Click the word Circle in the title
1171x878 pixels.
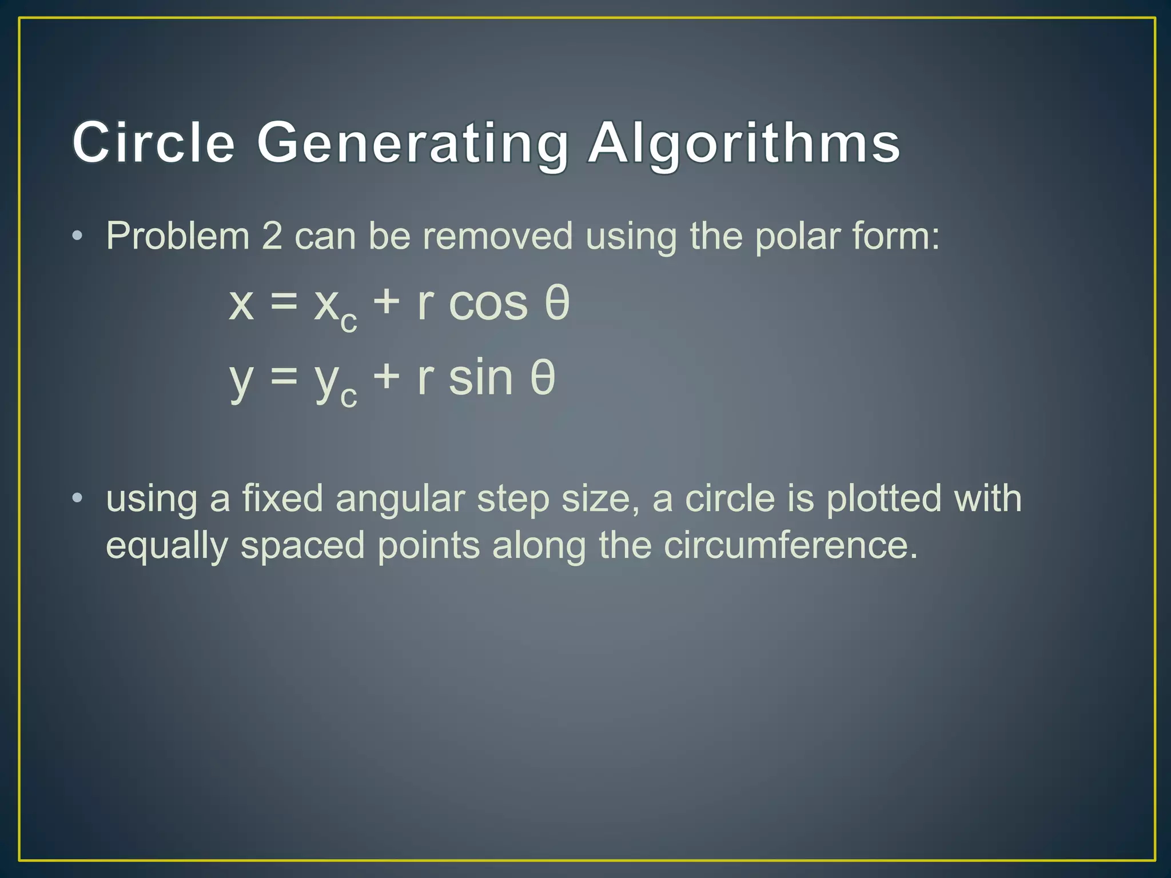[x=153, y=142]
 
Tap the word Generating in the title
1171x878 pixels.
[x=412, y=142]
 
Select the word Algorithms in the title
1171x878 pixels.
[x=744, y=142]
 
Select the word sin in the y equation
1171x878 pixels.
[x=481, y=378]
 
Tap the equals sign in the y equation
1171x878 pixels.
[x=284, y=377]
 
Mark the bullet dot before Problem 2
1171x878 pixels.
[x=77, y=236]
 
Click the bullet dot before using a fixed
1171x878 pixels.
[x=77, y=498]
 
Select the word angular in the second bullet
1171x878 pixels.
[x=400, y=499]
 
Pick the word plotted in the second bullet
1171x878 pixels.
[x=883, y=498]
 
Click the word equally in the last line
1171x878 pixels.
[x=166, y=546]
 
